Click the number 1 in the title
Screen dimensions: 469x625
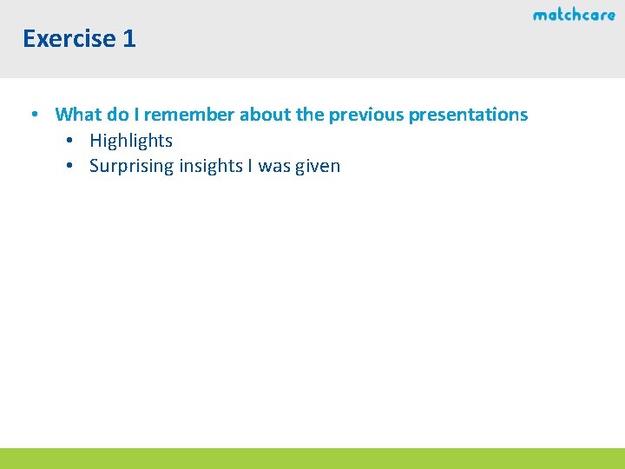[x=128, y=39]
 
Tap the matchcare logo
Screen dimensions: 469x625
[x=574, y=15]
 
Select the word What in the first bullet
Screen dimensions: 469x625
[x=78, y=115]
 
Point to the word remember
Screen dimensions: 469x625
[x=189, y=115]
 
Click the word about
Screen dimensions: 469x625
[x=265, y=115]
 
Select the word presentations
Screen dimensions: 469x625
[x=468, y=115]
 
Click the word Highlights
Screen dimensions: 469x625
[x=131, y=141]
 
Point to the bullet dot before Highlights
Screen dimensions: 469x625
[x=69, y=141]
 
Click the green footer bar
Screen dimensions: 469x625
[x=312, y=459]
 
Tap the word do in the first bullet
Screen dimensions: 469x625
[x=117, y=115]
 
